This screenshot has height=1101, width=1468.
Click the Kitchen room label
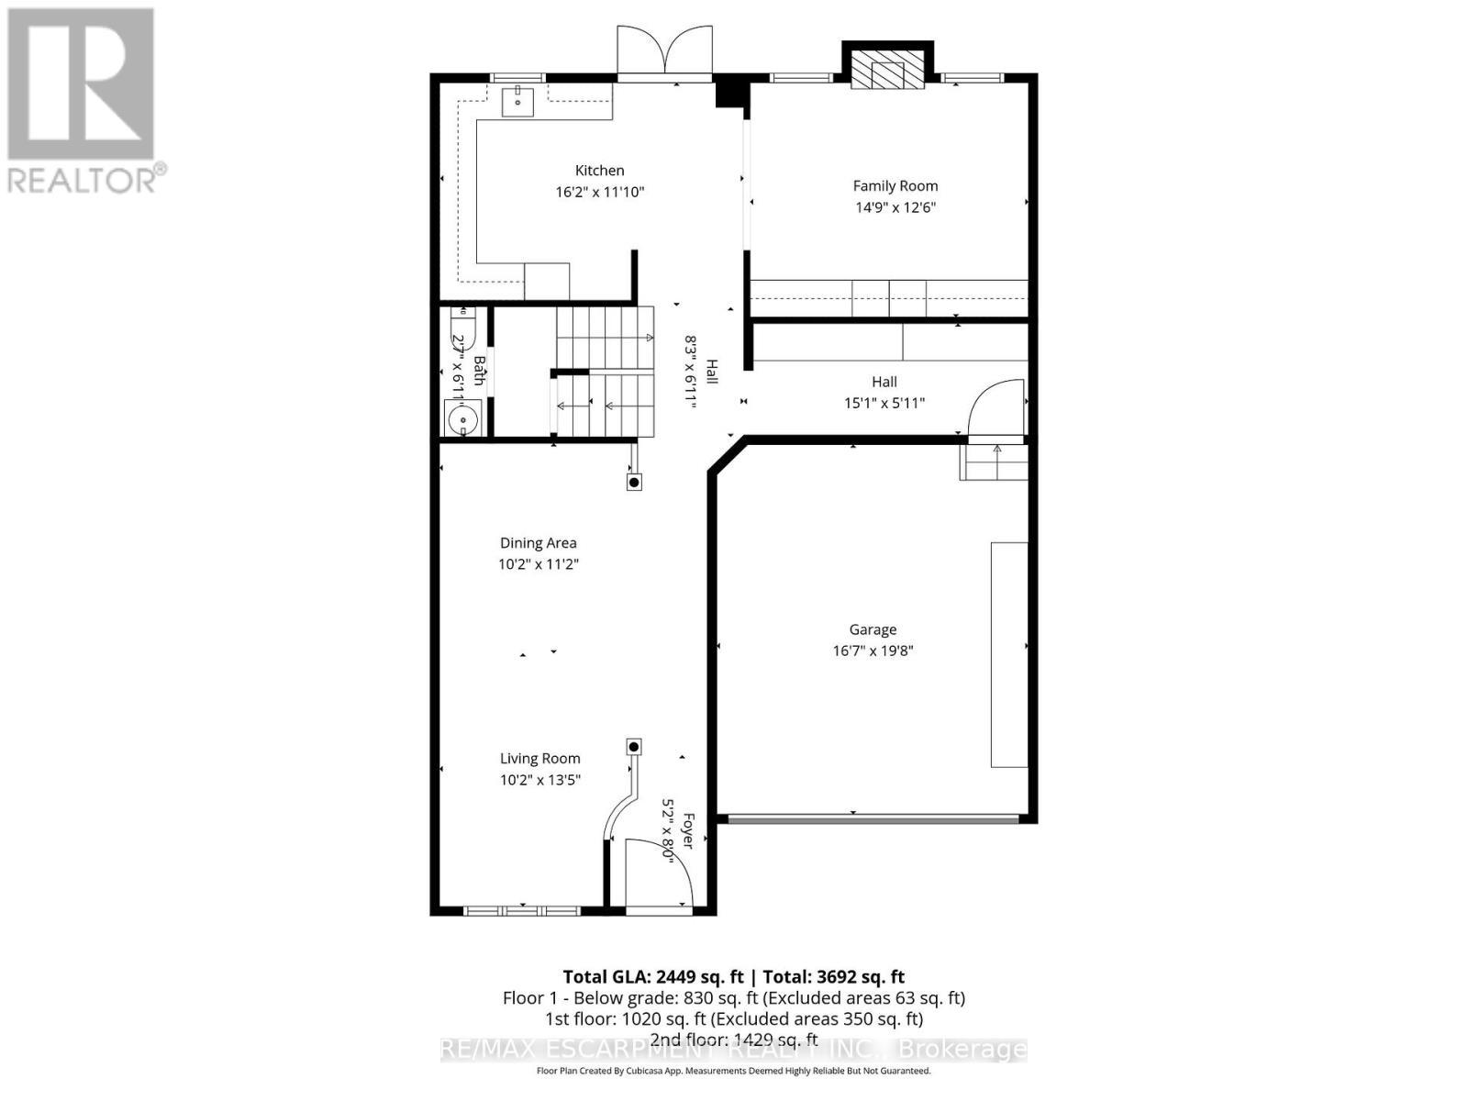click(599, 171)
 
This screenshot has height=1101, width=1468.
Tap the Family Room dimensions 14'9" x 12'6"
click(895, 207)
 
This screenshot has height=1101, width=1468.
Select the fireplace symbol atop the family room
click(887, 69)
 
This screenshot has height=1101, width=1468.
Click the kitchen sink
click(518, 101)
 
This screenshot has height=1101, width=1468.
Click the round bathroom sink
click(463, 420)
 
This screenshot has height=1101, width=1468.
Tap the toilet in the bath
click(462, 325)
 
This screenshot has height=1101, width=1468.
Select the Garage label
click(873, 629)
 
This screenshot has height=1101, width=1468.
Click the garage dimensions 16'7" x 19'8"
click(873, 651)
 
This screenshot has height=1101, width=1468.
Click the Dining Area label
click(538, 543)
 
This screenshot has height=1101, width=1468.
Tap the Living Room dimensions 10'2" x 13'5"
click(539, 780)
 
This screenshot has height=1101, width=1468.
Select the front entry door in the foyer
click(659, 876)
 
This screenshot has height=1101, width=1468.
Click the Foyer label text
click(687, 830)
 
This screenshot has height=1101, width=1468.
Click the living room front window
click(521, 911)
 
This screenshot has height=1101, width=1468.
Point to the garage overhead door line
click(872, 817)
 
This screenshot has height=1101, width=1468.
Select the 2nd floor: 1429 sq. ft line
click(733, 1040)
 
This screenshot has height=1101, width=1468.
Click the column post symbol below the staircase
click(634, 482)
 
